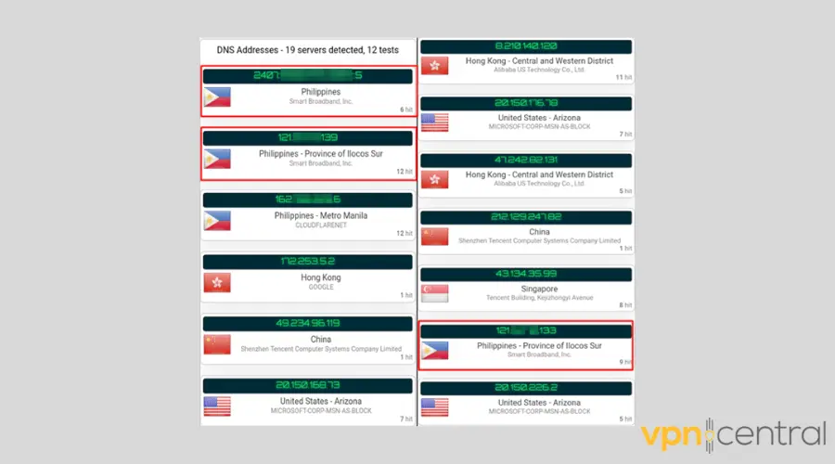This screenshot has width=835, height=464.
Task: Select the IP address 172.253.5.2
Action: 308,262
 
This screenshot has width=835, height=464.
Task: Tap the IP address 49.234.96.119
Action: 308,324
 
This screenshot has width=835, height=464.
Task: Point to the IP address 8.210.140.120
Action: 526,45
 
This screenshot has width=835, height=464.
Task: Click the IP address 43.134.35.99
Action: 526,275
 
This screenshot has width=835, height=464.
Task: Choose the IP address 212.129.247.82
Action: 526,217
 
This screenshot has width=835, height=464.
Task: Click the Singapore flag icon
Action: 435,293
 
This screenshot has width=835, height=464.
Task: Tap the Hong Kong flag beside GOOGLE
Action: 217,282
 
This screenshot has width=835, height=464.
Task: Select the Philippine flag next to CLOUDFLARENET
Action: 217,221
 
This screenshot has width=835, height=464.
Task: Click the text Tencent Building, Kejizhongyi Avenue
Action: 539,298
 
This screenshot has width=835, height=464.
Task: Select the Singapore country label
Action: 539,288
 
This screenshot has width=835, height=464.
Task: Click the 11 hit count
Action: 623,77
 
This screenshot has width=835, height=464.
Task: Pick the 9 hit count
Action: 625,361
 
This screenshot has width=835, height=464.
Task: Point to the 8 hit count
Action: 625,304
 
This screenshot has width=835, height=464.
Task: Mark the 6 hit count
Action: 405,110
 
